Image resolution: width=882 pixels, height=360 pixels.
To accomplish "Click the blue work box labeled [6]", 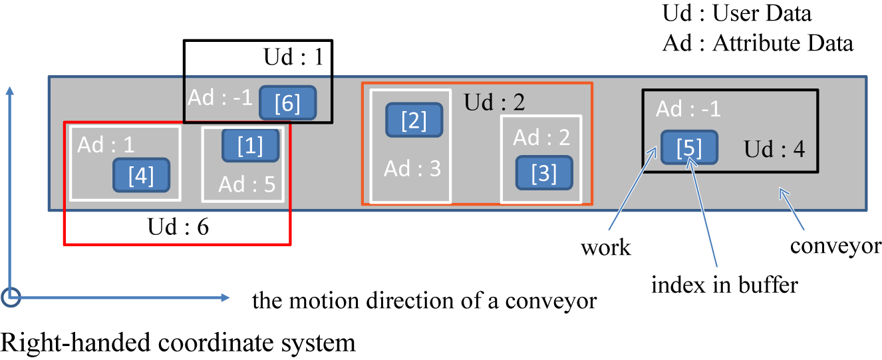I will pos(287,103).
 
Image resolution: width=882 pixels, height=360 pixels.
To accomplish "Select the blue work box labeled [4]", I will pos(141,176).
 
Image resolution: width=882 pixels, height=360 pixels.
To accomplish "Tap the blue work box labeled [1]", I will pos(250,146).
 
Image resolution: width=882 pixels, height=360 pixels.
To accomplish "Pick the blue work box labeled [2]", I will pos(414,120).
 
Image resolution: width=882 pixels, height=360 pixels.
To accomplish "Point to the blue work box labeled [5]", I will pos(689,147).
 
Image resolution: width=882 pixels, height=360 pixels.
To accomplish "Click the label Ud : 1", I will pos(293,58).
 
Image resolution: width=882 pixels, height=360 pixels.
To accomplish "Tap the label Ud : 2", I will pos(494,102).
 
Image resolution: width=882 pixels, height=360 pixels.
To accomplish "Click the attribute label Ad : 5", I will pos(247,183).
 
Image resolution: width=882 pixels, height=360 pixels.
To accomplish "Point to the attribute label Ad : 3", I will pos(412,169).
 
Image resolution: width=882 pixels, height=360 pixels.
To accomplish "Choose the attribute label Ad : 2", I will pos(542,137).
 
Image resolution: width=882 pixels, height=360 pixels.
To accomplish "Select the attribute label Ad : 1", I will pos(106,144).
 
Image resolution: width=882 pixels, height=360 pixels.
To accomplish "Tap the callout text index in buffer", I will pos(724,285).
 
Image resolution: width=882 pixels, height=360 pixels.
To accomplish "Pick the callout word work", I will pos(605,248).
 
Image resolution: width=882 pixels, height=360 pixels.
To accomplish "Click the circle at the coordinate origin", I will pos(11,297).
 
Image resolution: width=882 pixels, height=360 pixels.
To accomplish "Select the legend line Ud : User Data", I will pos(737,14).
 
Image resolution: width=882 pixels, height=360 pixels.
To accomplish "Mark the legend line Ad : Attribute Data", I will pos(758,44).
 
